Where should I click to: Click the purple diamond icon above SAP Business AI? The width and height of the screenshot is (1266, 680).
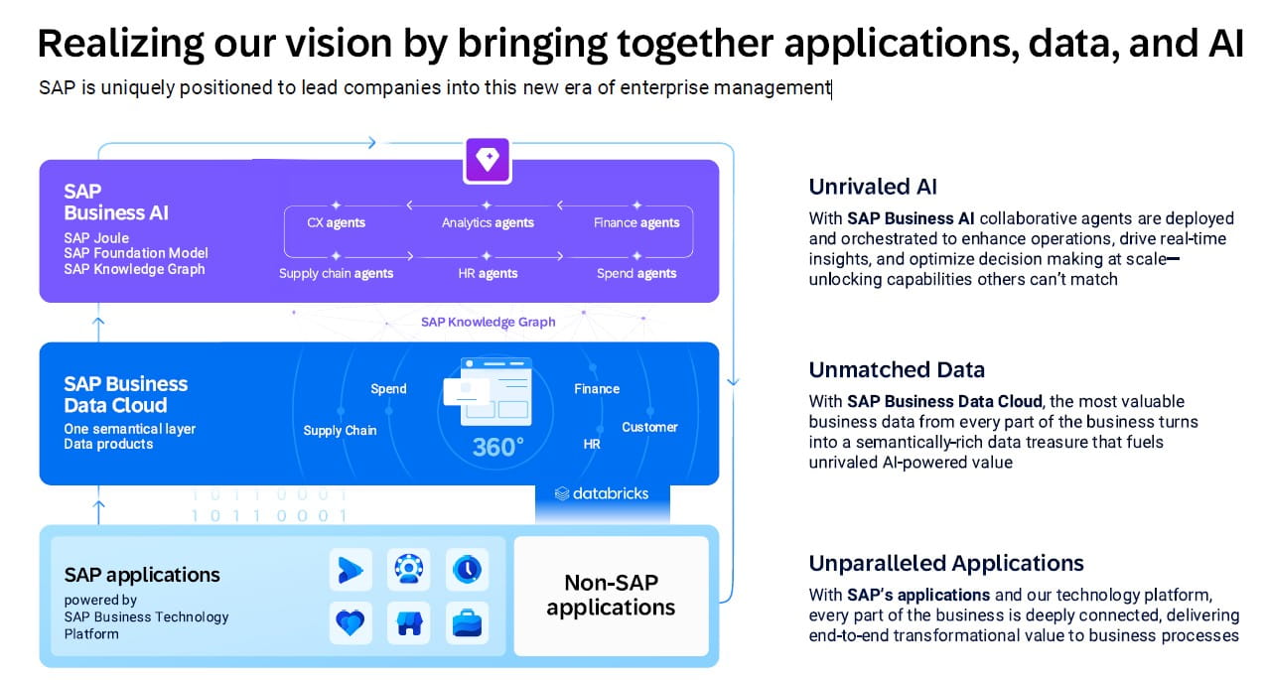click(x=488, y=159)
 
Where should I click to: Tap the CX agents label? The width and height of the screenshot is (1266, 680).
click(x=337, y=222)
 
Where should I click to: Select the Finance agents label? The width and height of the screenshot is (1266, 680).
click(x=636, y=222)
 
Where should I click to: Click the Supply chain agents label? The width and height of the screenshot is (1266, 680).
click(x=336, y=273)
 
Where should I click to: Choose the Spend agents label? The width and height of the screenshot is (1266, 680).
click(x=636, y=273)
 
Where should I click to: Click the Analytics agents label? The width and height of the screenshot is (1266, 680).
click(x=488, y=222)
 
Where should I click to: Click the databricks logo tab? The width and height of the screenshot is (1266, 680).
click(x=603, y=493)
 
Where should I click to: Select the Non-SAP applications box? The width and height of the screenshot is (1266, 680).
click(x=611, y=596)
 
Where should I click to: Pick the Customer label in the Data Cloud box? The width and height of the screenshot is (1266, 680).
click(x=649, y=427)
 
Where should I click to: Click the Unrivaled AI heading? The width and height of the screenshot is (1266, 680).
click(x=873, y=187)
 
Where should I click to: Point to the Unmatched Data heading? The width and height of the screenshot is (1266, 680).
click(x=897, y=370)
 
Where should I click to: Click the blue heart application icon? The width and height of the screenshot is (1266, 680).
click(x=351, y=622)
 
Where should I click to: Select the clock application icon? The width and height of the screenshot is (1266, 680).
click(x=466, y=569)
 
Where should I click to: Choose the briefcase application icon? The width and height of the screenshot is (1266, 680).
click(x=466, y=622)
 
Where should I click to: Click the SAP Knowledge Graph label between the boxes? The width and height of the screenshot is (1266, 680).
click(x=488, y=322)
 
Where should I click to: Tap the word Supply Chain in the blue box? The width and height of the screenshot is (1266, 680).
click(x=340, y=430)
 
